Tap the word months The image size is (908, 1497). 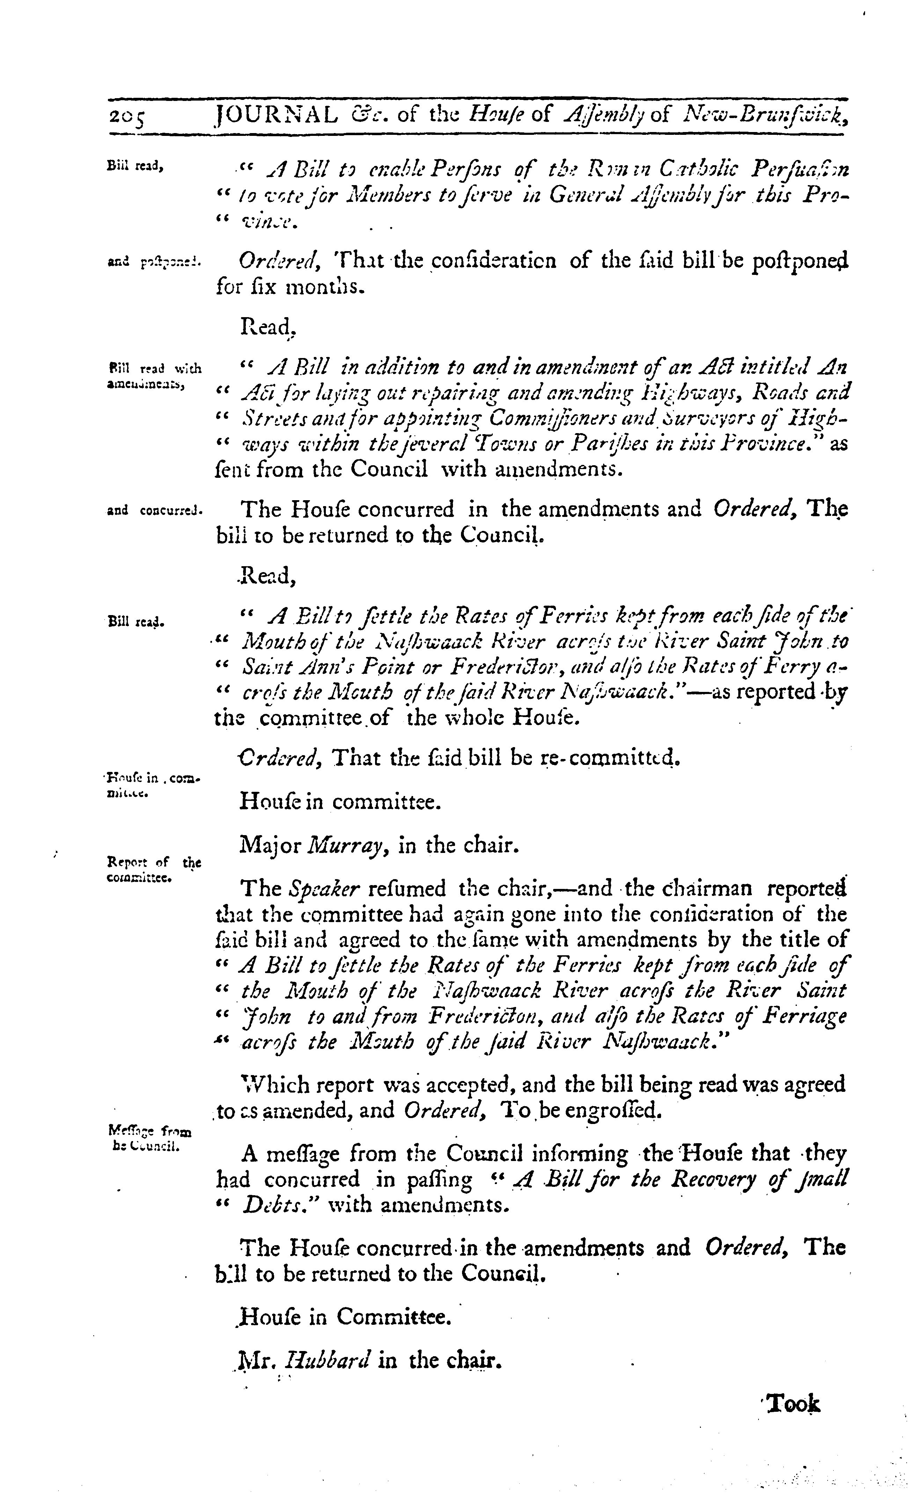[x=325, y=287]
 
